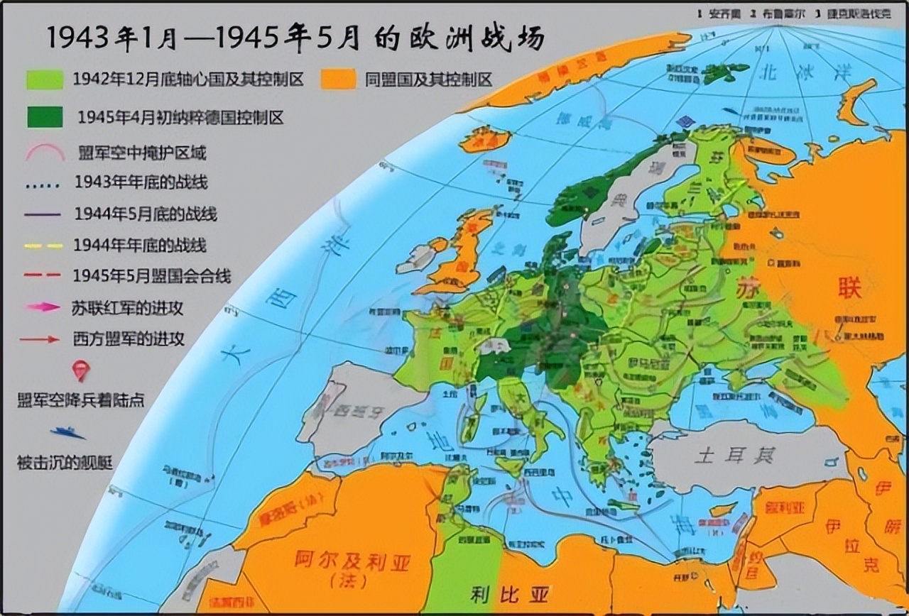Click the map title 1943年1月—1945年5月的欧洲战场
295,37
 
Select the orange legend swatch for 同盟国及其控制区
338,79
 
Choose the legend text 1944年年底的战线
140,245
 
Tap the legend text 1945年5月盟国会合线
151,276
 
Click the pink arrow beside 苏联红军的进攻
44,307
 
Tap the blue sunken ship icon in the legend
68,431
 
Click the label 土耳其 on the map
734,454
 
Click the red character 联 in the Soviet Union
849,289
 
